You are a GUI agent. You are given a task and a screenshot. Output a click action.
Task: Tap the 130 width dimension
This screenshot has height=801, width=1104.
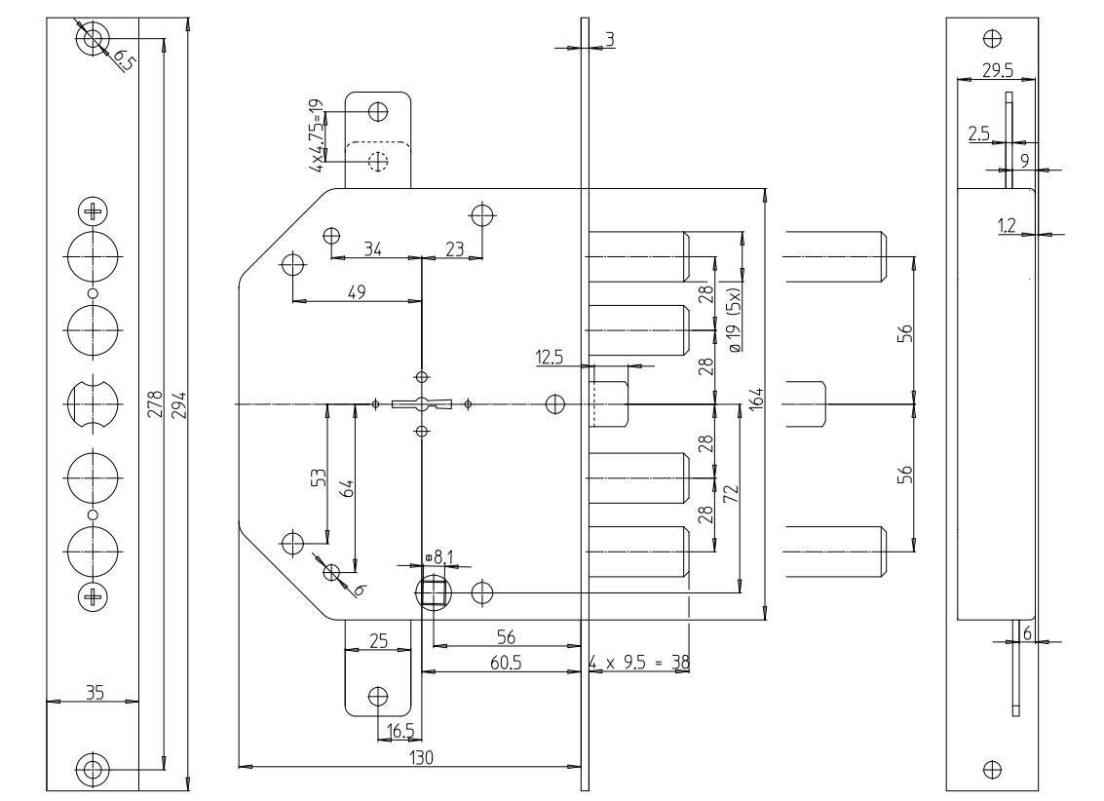tap(420, 756)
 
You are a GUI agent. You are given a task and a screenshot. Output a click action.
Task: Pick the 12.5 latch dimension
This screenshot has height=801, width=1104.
tap(551, 359)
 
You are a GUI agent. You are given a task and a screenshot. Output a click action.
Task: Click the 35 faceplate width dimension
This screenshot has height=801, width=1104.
tap(95, 692)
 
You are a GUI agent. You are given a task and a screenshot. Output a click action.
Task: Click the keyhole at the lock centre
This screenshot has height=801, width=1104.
tap(421, 404)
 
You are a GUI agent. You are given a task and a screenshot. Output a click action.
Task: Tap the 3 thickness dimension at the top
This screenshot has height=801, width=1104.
tap(609, 38)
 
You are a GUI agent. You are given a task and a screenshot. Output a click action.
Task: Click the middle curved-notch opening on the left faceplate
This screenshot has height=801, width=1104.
tap(94, 403)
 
